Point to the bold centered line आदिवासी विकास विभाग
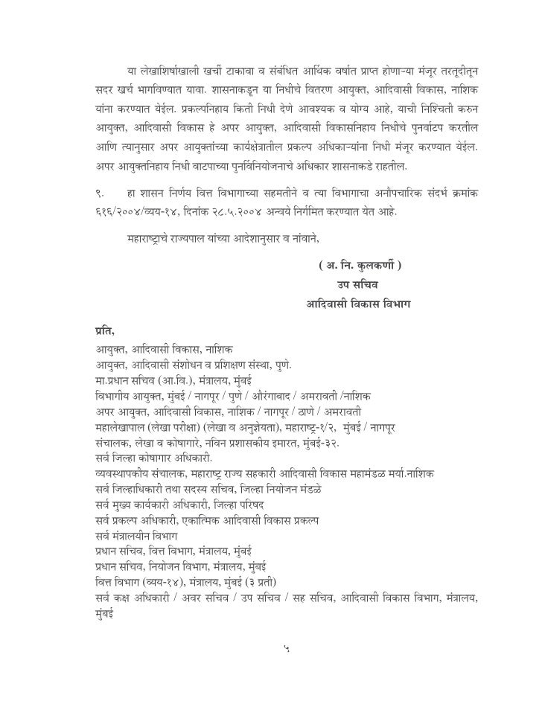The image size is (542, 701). tap(354, 305)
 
